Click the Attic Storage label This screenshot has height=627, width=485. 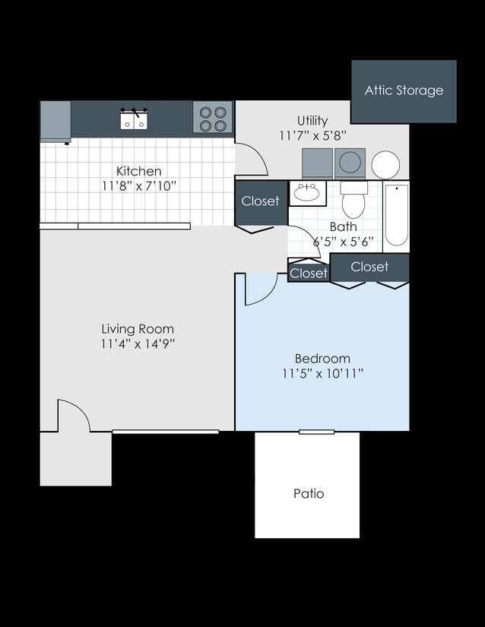(x=404, y=90)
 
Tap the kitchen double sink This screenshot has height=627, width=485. (x=134, y=119)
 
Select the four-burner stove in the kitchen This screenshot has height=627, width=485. (x=212, y=118)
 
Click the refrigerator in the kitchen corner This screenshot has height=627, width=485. (x=55, y=121)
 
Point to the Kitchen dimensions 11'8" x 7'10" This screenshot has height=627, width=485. (x=138, y=186)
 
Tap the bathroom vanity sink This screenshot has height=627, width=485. (x=307, y=192)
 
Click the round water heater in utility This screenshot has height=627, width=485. (x=385, y=164)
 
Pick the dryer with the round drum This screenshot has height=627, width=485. (x=350, y=163)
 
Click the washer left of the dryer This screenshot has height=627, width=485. (x=318, y=163)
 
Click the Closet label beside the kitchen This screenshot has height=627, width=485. (x=260, y=201)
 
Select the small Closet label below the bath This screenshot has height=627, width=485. (x=309, y=273)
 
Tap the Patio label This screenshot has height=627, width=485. (x=309, y=493)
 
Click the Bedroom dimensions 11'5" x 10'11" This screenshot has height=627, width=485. (x=322, y=373)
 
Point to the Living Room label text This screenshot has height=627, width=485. (x=138, y=329)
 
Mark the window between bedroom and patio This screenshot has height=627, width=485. (x=316, y=432)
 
